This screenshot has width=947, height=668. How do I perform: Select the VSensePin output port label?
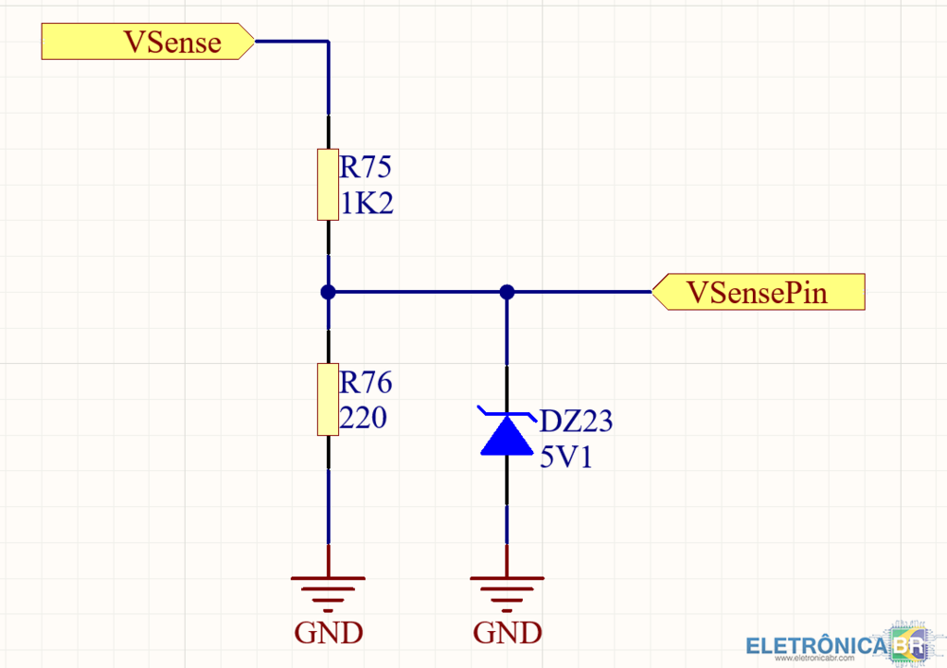[x=759, y=292]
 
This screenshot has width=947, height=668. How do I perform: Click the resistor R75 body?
[x=328, y=185]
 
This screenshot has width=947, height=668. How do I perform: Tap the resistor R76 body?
[x=328, y=399]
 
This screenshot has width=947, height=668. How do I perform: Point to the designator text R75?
[x=366, y=169]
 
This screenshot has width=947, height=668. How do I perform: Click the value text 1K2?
[x=366, y=203]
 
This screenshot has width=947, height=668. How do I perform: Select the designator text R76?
[x=366, y=383]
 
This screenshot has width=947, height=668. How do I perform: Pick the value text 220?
[x=364, y=418]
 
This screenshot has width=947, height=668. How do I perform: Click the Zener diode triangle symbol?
[x=507, y=435]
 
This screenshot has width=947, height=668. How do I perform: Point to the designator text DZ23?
[x=576, y=422]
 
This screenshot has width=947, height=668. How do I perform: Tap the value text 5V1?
[x=566, y=459]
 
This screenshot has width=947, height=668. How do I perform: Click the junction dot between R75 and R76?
[x=328, y=292]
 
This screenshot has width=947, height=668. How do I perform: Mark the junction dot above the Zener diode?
[x=507, y=292]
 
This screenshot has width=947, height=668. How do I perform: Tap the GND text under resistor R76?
[x=329, y=632]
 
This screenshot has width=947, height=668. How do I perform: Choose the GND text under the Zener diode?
[x=508, y=632]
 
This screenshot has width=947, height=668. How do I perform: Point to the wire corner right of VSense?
[x=328, y=43]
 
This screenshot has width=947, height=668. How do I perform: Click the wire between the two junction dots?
[x=417, y=292]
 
